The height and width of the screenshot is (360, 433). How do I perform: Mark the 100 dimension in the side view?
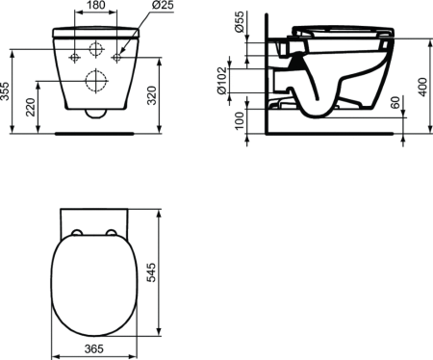coord(240,121)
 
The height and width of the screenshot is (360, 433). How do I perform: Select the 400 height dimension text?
coord(421,85)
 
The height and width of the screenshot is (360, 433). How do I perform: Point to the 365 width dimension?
coord(92,348)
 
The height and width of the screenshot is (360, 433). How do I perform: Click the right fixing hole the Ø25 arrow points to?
coord(117,58)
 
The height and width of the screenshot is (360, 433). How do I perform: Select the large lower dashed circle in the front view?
coord(94,82)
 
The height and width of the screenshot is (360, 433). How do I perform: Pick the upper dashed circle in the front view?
coord(94,49)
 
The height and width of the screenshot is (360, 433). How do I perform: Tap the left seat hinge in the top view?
coord(76,231)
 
